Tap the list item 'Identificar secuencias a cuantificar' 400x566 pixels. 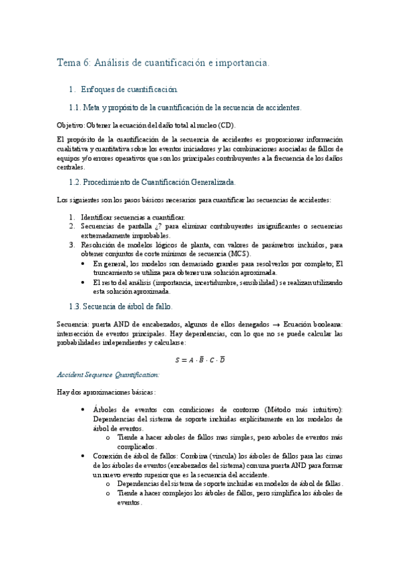[x=133, y=217]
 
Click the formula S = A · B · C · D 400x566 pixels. [x=200, y=360]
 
